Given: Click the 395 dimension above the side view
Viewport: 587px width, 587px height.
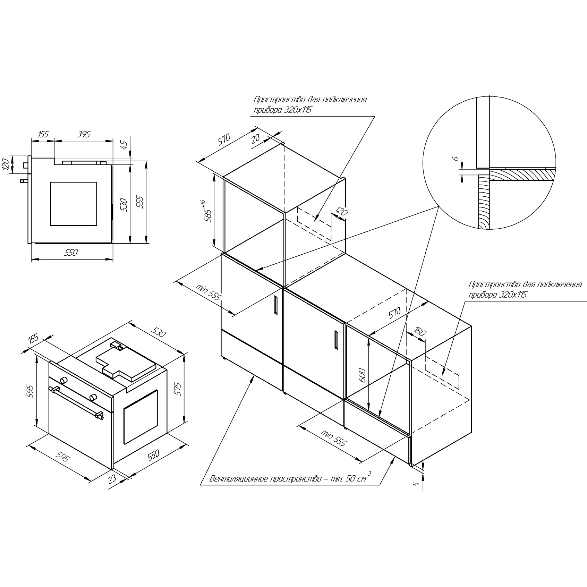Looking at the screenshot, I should [x=84, y=134].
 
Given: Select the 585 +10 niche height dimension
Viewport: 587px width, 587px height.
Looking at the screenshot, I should [x=209, y=212].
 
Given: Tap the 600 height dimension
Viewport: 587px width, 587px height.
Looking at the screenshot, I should [x=362, y=375].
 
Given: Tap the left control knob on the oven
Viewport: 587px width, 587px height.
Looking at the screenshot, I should [x=63, y=380].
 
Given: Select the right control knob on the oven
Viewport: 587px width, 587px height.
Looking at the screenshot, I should [x=93, y=397].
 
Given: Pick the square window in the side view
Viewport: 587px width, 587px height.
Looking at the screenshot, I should [x=73, y=204].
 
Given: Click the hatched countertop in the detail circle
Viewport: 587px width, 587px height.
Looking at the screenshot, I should [x=520, y=175].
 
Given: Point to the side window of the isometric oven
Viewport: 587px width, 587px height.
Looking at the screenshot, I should [x=141, y=417].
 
